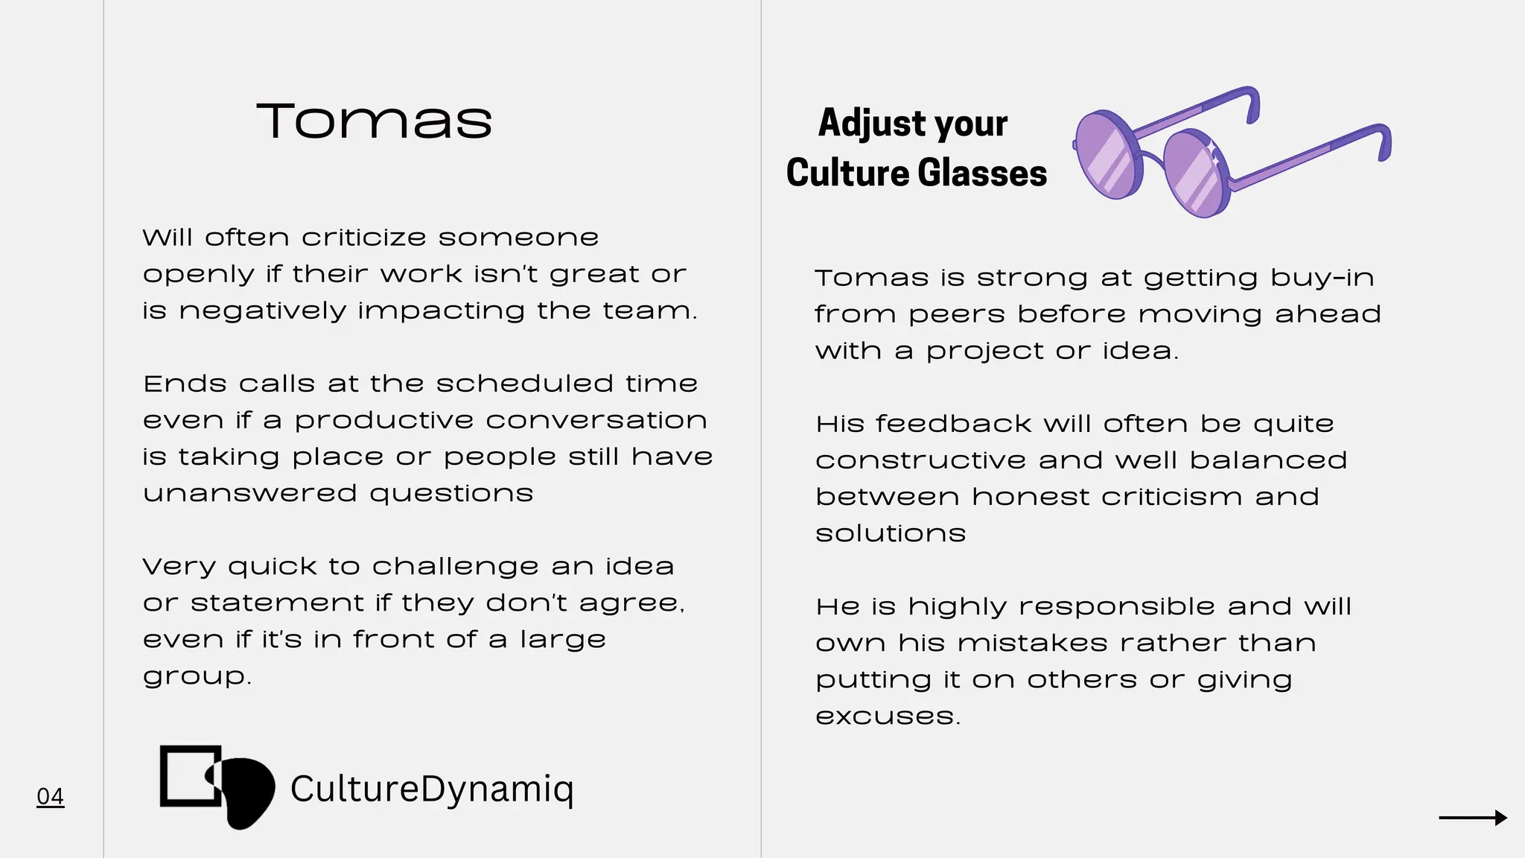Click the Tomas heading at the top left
374,121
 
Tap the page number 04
50,796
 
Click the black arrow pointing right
1472,818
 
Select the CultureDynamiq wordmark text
432,789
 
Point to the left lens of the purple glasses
1109,156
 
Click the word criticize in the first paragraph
363,238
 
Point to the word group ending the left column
195,677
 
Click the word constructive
920,460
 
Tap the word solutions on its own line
891,533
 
